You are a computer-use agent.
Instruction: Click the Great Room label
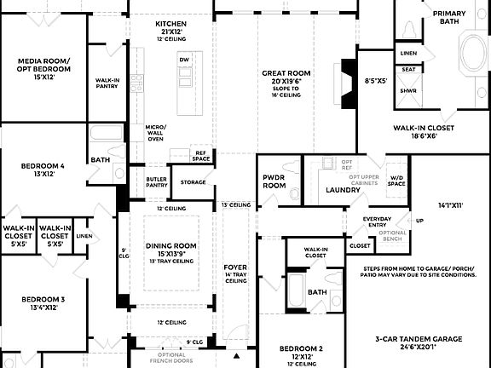tap(286, 73)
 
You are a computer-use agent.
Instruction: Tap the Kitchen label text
tap(171, 23)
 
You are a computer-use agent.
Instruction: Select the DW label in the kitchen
tap(183, 59)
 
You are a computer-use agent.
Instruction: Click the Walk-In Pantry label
tap(107, 82)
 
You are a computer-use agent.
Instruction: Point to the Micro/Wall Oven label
tap(156, 132)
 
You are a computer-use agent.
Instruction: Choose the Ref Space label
tap(201, 155)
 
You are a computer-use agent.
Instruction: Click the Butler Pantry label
tap(156, 181)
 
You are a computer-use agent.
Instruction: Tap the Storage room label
tap(194, 181)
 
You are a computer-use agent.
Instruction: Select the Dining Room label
tap(170, 245)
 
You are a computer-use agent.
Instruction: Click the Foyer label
tap(235, 267)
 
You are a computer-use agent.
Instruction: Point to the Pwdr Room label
tap(274, 181)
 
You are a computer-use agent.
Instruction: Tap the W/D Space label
tap(396, 180)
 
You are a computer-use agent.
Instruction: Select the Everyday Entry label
tap(377, 221)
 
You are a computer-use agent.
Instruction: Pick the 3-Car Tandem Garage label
tap(419, 339)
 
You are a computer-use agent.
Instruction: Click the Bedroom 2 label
tap(303, 349)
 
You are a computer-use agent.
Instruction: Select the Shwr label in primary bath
tap(408, 89)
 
